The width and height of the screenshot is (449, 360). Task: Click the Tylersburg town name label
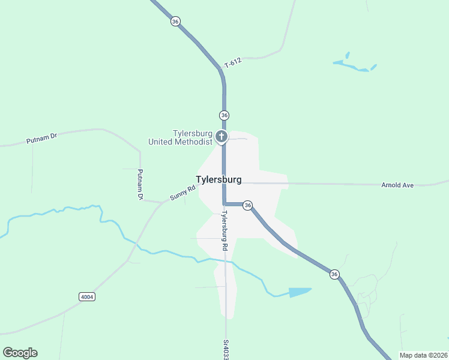(218, 179)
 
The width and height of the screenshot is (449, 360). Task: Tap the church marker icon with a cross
(221, 137)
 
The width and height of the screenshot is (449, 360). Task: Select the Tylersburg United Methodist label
(181, 137)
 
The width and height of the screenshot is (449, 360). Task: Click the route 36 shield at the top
(175, 21)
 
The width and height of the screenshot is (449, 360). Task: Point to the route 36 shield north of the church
(224, 115)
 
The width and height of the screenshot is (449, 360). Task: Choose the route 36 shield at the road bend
(247, 205)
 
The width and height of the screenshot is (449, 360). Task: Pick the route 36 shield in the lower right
(334, 274)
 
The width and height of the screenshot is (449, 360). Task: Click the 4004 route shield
(87, 296)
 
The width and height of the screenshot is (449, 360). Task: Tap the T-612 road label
(233, 62)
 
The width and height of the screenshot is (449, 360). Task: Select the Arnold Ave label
(397, 185)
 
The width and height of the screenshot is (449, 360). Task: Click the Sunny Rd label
(182, 193)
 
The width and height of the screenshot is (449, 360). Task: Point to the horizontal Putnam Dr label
(41, 139)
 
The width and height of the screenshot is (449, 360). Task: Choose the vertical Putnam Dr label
(140, 184)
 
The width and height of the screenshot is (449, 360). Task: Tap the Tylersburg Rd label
(224, 230)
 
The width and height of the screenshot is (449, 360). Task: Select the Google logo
(20, 353)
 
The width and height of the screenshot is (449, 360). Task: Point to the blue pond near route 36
(300, 292)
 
